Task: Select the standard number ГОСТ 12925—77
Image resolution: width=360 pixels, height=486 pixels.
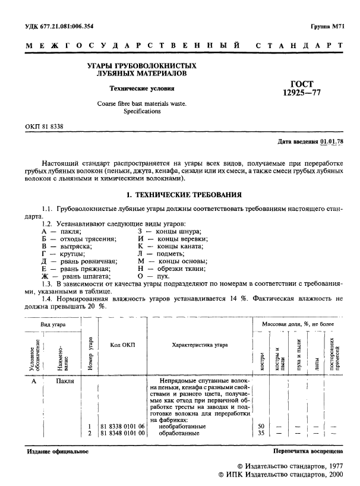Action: pos(299,89)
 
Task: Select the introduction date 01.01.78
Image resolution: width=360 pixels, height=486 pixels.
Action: pos(331,142)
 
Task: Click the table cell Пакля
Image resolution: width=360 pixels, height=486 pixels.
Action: pos(65,381)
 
